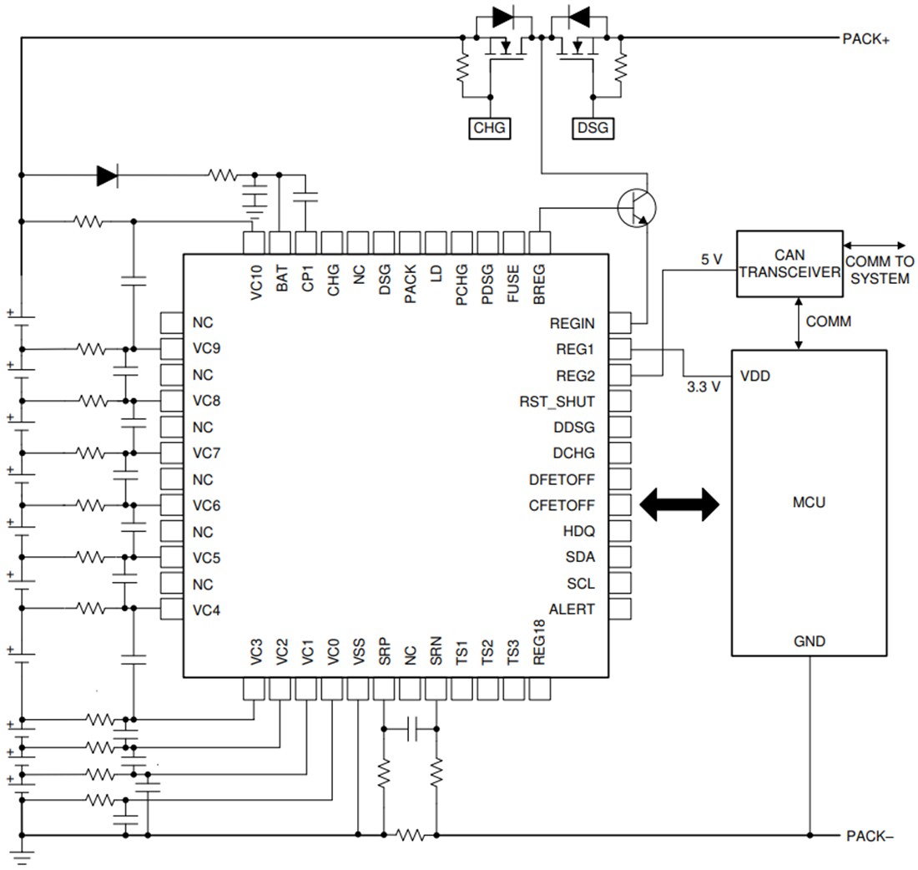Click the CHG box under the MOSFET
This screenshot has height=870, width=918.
pyautogui.click(x=490, y=129)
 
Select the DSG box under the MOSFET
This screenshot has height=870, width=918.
pyautogui.click(x=593, y=129)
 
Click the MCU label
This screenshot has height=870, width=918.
pyautogui.click(x=809, y=503)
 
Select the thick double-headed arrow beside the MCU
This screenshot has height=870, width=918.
pyautogui.click(x=679, y=505)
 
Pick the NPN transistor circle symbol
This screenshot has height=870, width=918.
pyautogui.click(x=637, y=207)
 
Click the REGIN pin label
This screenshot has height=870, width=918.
pyautogui.click(x=572, y=323)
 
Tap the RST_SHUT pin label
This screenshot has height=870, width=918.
pyautogui.click(x=557, y=402)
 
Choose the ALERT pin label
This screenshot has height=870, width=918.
pyautogui.click(x=572, y=610)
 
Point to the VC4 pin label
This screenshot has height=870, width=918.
pyautogui.click(x=206, y=610)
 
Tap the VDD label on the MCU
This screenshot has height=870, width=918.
pyautogui.click(x=754, y=377)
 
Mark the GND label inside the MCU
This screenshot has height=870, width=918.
pyautogui.click(x=809, y=641)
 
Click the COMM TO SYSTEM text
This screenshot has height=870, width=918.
pyautogui.click(x=878, y=270)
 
